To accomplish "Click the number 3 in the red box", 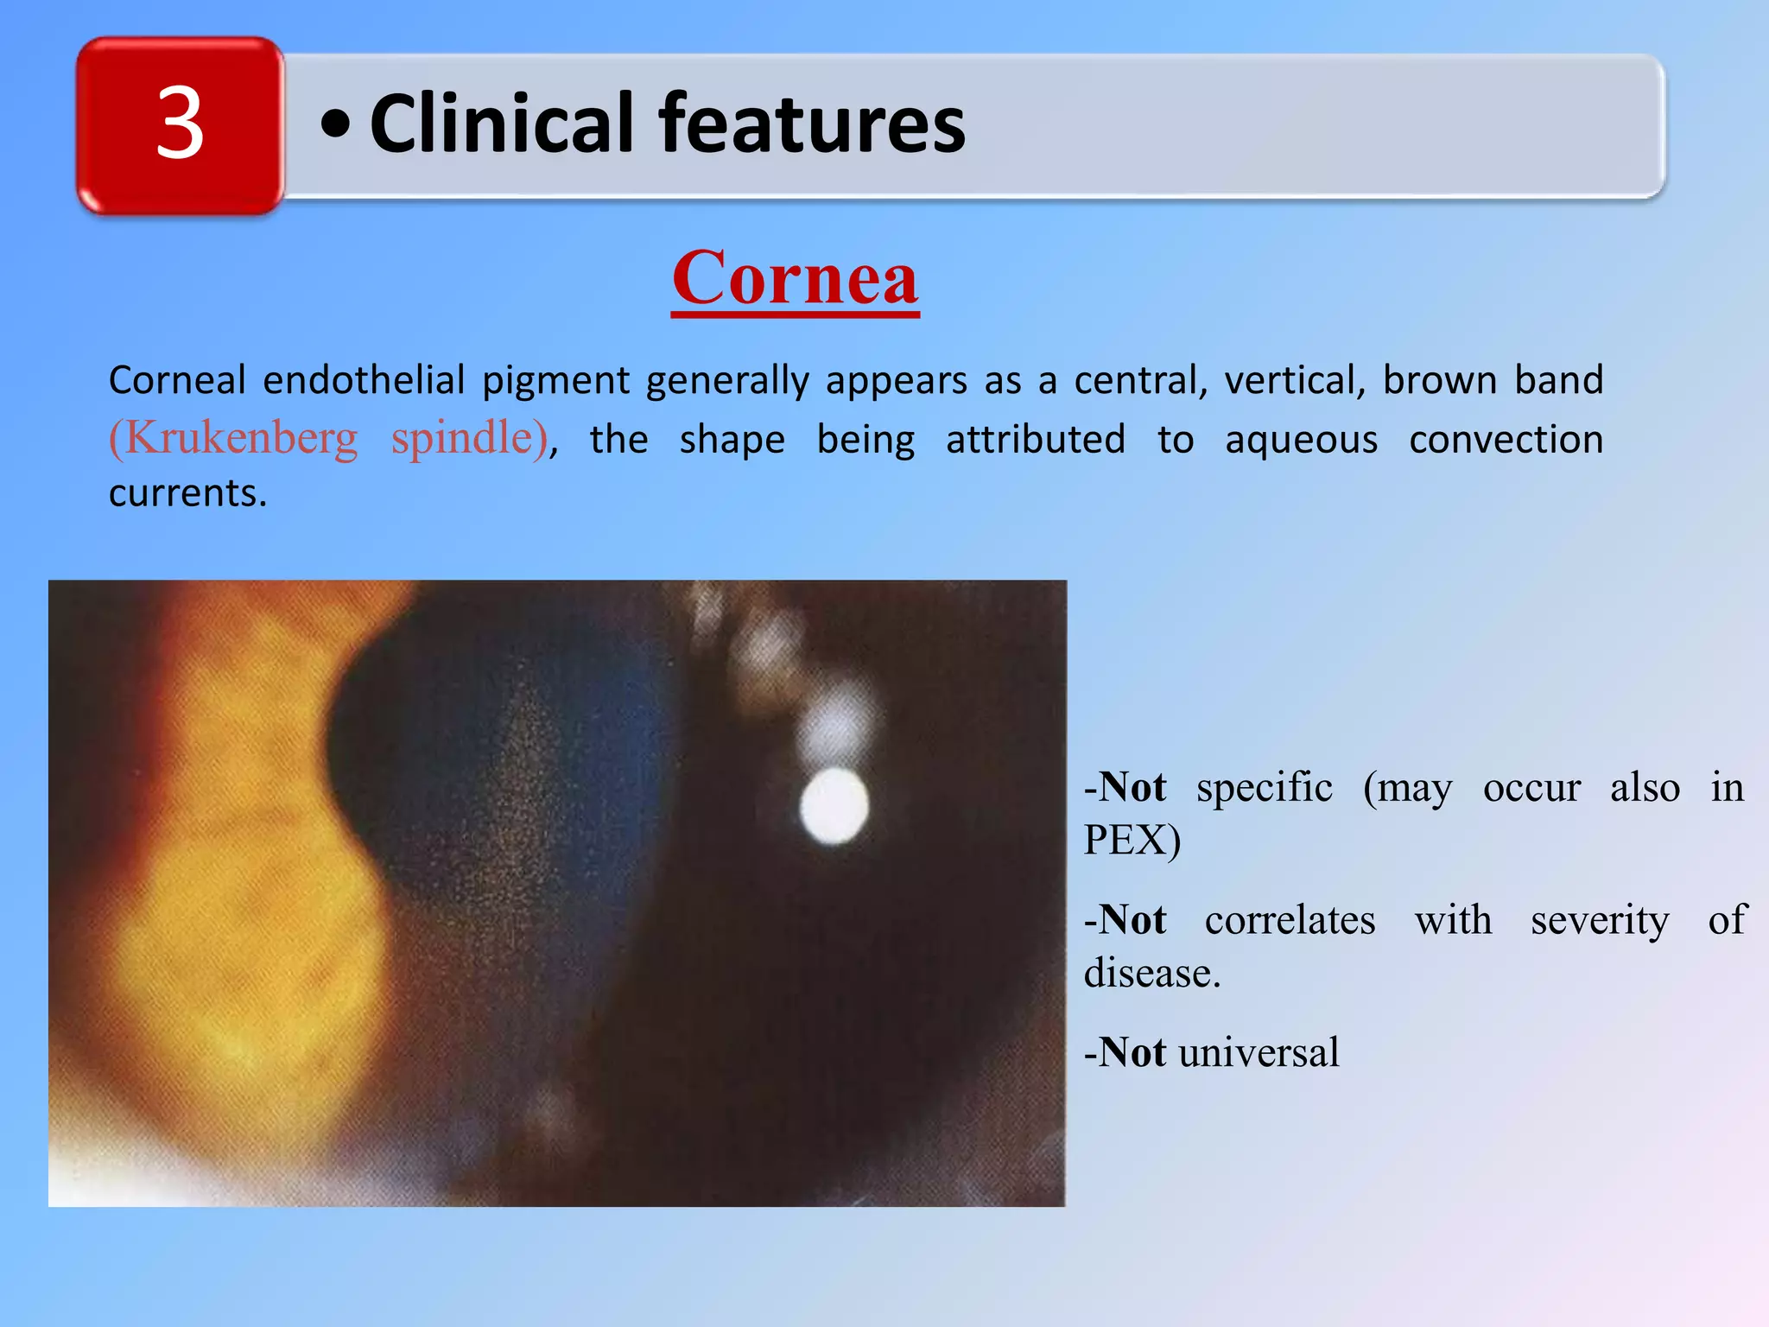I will (x=180, y=125).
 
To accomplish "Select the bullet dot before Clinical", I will (x=335, y=126).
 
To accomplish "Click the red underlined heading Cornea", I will (x=795, y=278).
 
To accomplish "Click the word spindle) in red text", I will (x=470, y=438).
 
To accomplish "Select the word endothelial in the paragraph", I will (x=363, y=380).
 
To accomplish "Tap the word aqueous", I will (x=1301, y=440).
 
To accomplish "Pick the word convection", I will (x=1506, y=440).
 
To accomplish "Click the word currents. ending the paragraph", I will (x=187, y=493).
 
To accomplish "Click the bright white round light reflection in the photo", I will (x=834, y=806).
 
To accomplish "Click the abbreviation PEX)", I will (x=1132, y=840).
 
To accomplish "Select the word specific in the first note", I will (x=1264, y=787).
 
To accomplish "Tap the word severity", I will (x=1600, y=920).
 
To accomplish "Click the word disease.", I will (x=1151, y=974).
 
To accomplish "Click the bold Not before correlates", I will (x=1132, y=920).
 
